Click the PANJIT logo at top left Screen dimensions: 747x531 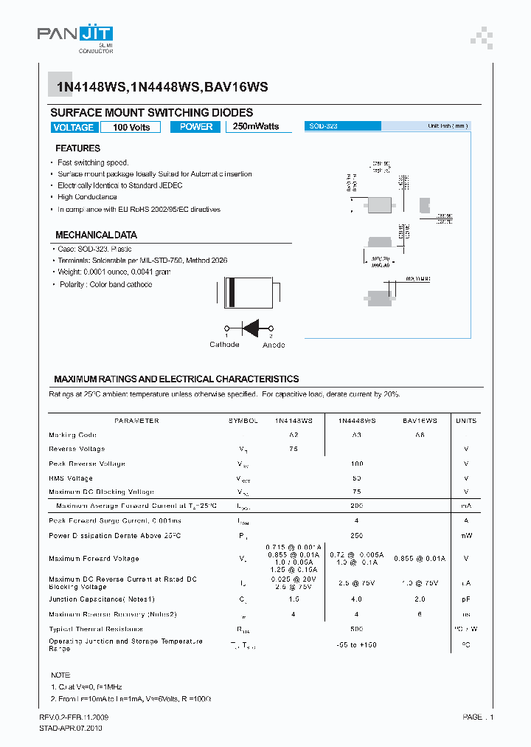pos(74,35)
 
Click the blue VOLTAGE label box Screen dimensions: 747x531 pos(74,127)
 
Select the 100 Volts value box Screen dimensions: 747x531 pos(131,127)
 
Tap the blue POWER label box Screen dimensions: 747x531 pos(196,127)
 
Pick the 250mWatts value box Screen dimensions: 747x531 pos(256,127)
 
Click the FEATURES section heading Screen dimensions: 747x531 pos(77,148)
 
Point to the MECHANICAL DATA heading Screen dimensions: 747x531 pos(96,235)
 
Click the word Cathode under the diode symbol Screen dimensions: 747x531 pos(224,345)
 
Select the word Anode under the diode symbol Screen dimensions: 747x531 pos(273,345)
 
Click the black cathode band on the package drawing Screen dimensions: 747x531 pos(232,292)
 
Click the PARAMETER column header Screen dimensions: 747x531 pos(136,421)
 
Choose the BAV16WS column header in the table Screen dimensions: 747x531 pos(420,421)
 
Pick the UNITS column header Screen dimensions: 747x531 pos(466,421)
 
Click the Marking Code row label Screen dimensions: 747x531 pos(72,436)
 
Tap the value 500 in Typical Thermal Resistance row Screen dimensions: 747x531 pos(357,629)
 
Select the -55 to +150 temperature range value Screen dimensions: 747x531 pos(357,644)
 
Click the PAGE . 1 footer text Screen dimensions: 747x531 pos(478,717)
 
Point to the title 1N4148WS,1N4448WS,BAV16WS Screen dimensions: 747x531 pos(162,86)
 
